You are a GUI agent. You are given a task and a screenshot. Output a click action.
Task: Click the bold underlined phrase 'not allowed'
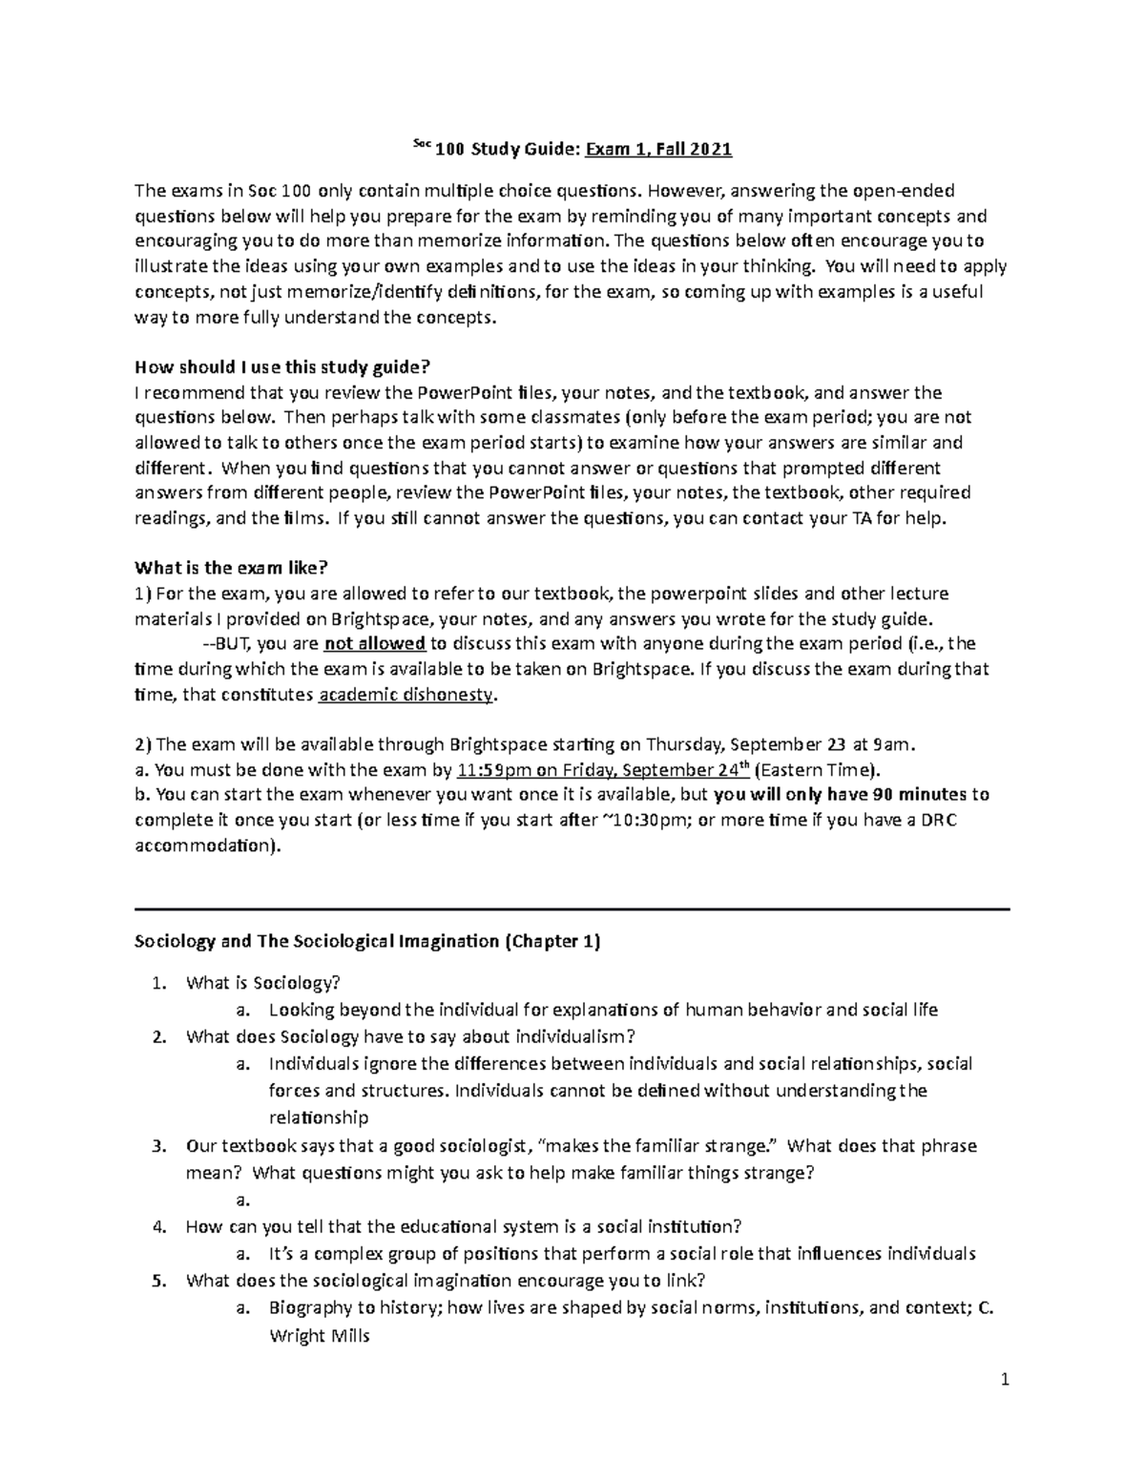(x=375, y=643)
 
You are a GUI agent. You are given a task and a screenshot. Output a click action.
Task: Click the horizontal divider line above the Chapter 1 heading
(x=572, y=910)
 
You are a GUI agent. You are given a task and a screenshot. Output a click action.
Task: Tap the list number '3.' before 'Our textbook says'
(x=159, y=1146)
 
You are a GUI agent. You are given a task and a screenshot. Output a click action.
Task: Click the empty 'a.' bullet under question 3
(x=242, y=1200)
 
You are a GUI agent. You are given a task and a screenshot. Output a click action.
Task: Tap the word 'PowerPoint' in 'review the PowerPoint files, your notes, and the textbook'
(x=464, y=393)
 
